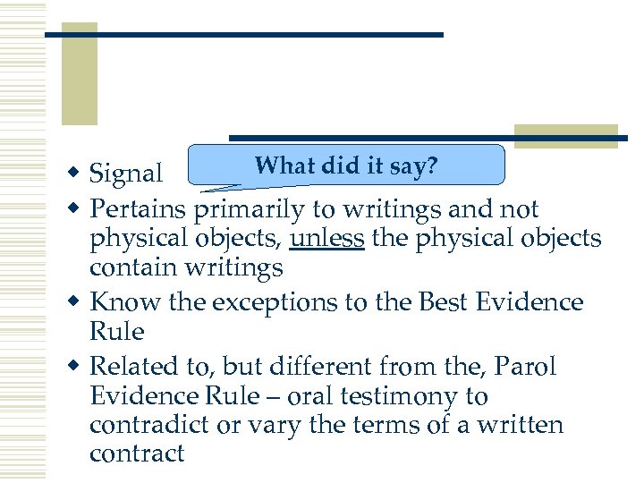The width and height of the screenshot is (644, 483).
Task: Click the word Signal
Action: [126, 173]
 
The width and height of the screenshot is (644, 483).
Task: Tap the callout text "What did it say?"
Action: [344, 165]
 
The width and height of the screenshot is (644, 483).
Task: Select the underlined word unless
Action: [327, 239]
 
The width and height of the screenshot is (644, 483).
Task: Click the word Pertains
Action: [139, 209]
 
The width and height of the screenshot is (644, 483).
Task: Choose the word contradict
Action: [152, 425]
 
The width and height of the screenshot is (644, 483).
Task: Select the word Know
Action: [126, 302]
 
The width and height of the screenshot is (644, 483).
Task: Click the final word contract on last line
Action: [137, 453]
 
